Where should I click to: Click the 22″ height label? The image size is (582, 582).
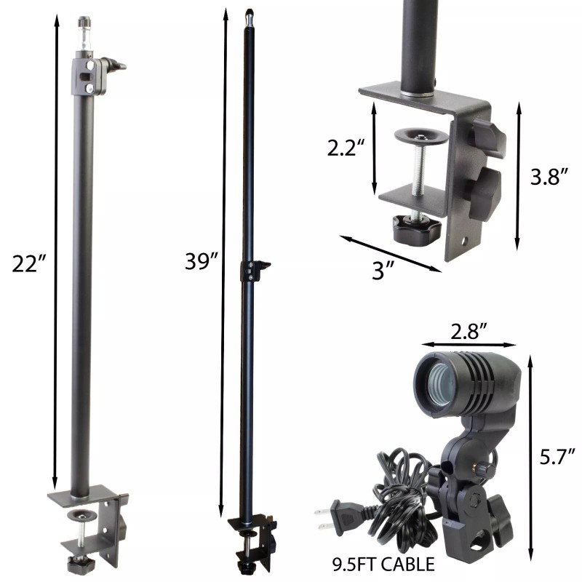[28, 263]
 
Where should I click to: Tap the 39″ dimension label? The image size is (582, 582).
[202, 261]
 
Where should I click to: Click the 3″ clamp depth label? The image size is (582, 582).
[383, 270]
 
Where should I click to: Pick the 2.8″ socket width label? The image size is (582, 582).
[469, 331]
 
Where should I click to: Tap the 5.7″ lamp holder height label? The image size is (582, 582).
[557, 456]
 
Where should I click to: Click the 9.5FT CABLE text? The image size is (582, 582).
[383, 565]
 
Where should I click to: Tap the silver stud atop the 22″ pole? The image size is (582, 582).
[84, 33]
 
